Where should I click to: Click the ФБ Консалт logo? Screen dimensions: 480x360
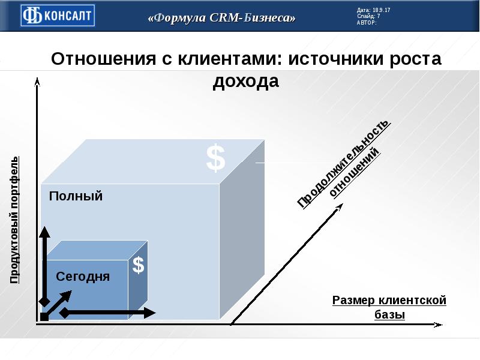click(58, 16)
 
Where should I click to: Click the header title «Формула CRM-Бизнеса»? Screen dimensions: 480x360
click(221, 17)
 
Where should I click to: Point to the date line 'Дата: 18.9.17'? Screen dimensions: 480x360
click(373, 10)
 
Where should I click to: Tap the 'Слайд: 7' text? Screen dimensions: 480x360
click(368, 16)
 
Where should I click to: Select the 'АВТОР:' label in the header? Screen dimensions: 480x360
click(367, 22)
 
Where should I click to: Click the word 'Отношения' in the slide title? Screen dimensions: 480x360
click(103, 58)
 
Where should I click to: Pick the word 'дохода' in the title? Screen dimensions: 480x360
click(246, 82)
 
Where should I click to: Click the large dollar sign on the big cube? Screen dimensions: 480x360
click(216, 158)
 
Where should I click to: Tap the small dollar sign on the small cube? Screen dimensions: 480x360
click(139, 265)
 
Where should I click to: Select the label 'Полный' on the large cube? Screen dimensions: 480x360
click(76, 196)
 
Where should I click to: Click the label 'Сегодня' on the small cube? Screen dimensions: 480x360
click(83, 277)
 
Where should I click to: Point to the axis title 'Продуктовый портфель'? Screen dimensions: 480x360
click(14, 220)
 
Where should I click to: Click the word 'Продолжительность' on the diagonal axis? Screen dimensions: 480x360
click(343, 164)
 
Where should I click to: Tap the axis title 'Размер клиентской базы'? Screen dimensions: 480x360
click(389, 307)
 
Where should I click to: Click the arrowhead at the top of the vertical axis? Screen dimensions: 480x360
click(37, 82)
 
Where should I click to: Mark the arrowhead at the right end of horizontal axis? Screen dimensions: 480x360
click(439, 325)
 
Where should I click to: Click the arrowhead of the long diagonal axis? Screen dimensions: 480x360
click(339, 206)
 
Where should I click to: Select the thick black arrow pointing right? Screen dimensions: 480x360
click(108, 313)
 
